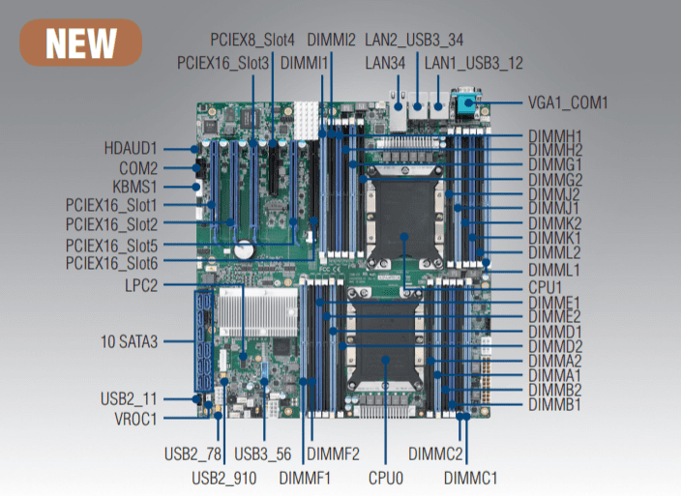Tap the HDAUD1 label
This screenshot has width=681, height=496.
[131, 149]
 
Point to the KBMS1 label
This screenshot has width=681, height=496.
[135, 186]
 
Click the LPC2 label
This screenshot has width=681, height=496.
[141, 285]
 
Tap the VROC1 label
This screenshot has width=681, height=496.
[134, 419]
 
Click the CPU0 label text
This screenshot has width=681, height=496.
[385, 477]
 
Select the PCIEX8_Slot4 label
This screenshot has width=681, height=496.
[252, 40]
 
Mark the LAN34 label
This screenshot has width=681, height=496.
[385, 64]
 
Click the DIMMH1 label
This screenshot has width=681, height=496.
[554, 135]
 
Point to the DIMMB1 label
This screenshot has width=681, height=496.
[554, 404]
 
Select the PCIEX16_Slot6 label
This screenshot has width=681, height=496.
[111, 263]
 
